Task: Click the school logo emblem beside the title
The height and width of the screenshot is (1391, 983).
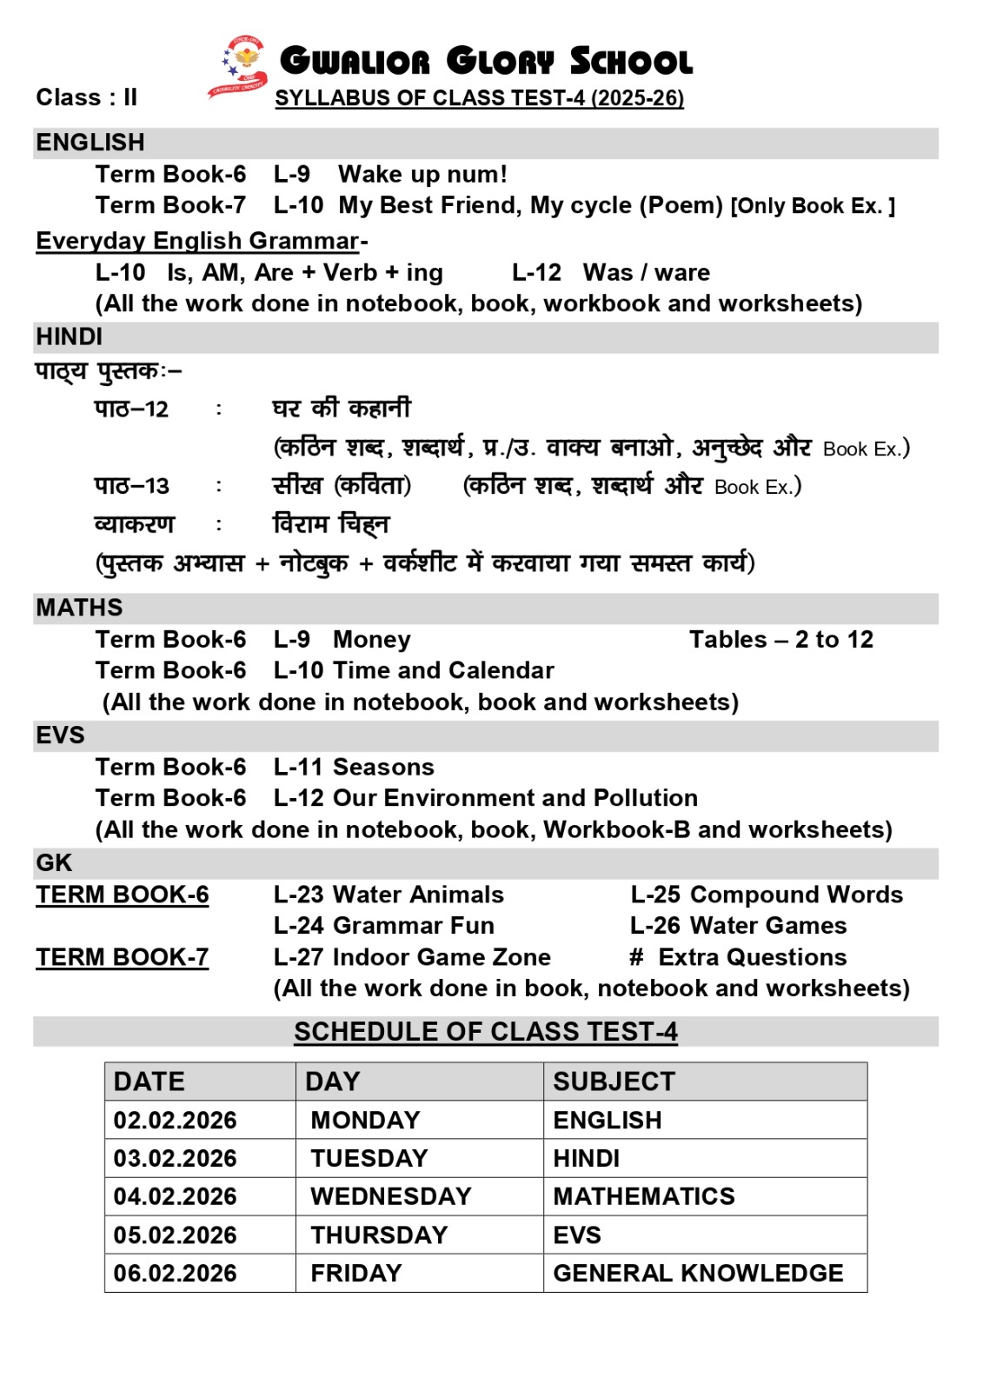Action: point(238,66)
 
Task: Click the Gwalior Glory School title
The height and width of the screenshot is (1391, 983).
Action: point(486,62)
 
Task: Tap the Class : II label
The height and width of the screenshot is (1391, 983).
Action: point(86,97)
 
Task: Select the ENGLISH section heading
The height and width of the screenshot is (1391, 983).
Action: point(90,143)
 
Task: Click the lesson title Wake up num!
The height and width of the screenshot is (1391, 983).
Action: point(422,175)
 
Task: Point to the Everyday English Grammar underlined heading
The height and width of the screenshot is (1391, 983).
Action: point(198,241)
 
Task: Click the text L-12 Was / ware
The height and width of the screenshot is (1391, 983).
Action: point(610,273)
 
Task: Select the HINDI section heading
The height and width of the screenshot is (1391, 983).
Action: point(70,336)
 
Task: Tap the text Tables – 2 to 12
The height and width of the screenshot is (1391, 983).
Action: point(780,640)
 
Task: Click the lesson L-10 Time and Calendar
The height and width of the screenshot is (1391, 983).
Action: point(414,670)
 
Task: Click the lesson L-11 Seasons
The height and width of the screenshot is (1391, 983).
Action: point(354,767)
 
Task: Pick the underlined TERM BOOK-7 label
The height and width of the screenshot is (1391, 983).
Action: point(123,957)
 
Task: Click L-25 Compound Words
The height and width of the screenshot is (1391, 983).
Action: point(767,895)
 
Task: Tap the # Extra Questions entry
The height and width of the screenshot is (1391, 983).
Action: point(738,957)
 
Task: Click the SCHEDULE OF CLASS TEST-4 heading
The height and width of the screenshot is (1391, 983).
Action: point(485,1032)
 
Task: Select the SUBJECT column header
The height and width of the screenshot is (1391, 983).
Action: point(614,1082)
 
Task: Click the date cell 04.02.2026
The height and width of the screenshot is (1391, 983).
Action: point(175,1196)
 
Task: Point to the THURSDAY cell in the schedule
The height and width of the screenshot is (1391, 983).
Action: point(379,1235)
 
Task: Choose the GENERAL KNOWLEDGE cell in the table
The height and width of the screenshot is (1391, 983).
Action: point(698,1274)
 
